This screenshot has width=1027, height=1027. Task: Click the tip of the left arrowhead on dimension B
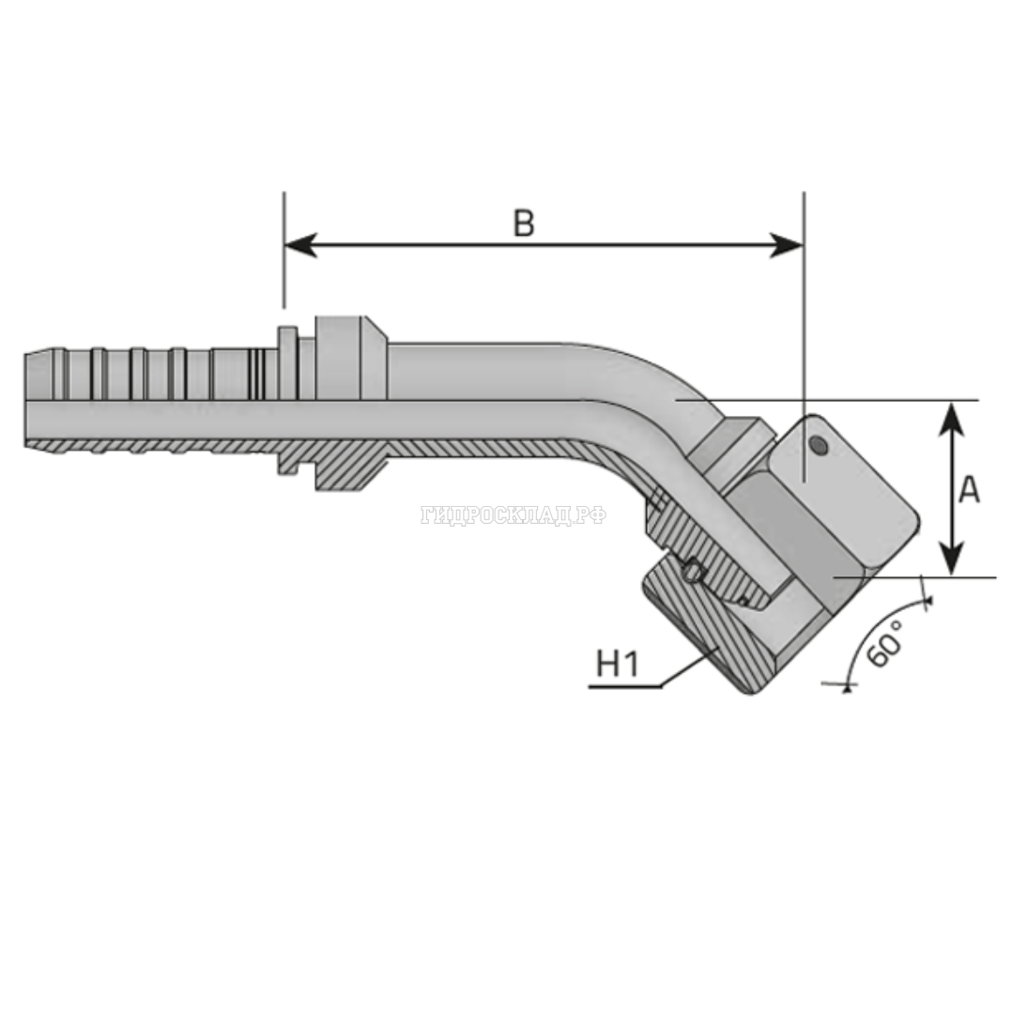(285, 245)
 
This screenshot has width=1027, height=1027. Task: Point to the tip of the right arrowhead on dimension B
(803, 245)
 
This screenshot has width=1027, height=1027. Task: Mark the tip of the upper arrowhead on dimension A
(952, 402)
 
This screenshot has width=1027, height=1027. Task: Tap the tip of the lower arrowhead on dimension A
(952, 575)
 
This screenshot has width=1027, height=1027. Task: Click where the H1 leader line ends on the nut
(719, 645)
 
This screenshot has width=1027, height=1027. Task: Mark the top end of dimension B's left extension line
(284, 192)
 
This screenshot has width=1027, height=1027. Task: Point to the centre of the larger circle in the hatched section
(692, 573)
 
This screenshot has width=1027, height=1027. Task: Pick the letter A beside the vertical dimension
(970, 489)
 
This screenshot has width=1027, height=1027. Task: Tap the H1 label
(617, 664)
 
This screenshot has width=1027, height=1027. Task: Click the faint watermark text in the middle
(513, 515)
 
